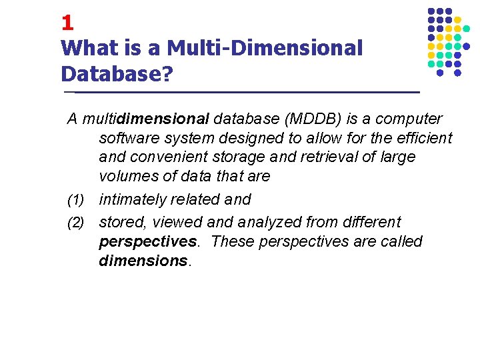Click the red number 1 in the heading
[x=67, y=23]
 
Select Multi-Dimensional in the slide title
[x=265, y=48]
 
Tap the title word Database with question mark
[x=116, y=73]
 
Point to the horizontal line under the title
[x=240, y=91]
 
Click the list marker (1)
[x=76, y=200]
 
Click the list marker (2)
[x=76, y=223]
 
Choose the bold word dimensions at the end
[x=143, y=260]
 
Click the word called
[x=401, y=241]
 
